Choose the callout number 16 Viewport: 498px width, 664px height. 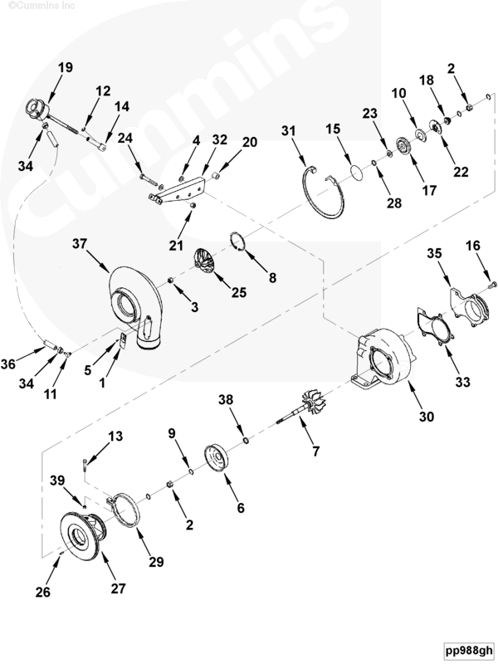coord(472,247)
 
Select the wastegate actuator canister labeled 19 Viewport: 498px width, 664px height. coord(39,110)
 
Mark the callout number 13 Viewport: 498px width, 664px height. coord(115,436)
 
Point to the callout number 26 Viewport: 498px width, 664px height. coord(42,592)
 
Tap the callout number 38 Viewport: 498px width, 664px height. coord(226,398)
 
